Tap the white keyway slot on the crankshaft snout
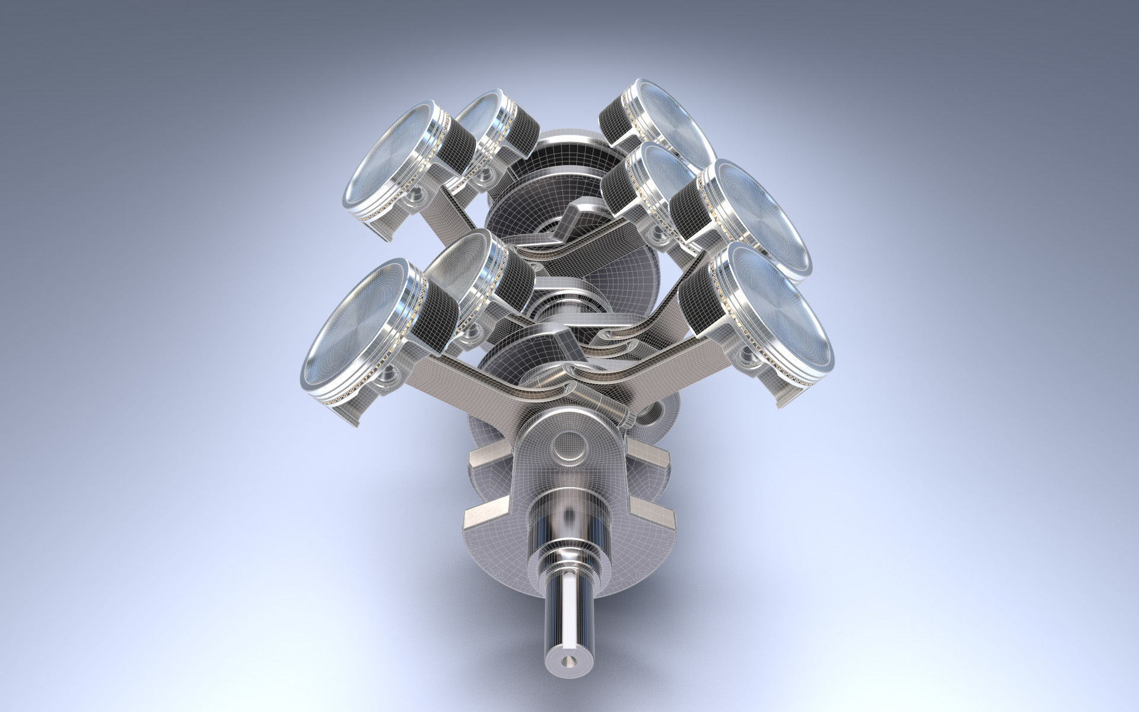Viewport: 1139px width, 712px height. coord(567,611)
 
